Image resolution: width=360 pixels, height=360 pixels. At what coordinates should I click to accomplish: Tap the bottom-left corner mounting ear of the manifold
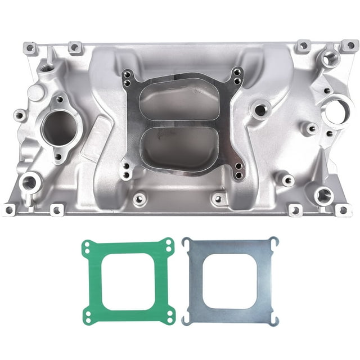point(8,210)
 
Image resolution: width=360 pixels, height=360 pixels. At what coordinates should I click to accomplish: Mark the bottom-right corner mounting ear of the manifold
point(341,210)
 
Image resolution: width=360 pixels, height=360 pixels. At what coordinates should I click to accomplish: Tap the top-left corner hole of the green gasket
point(87,246)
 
